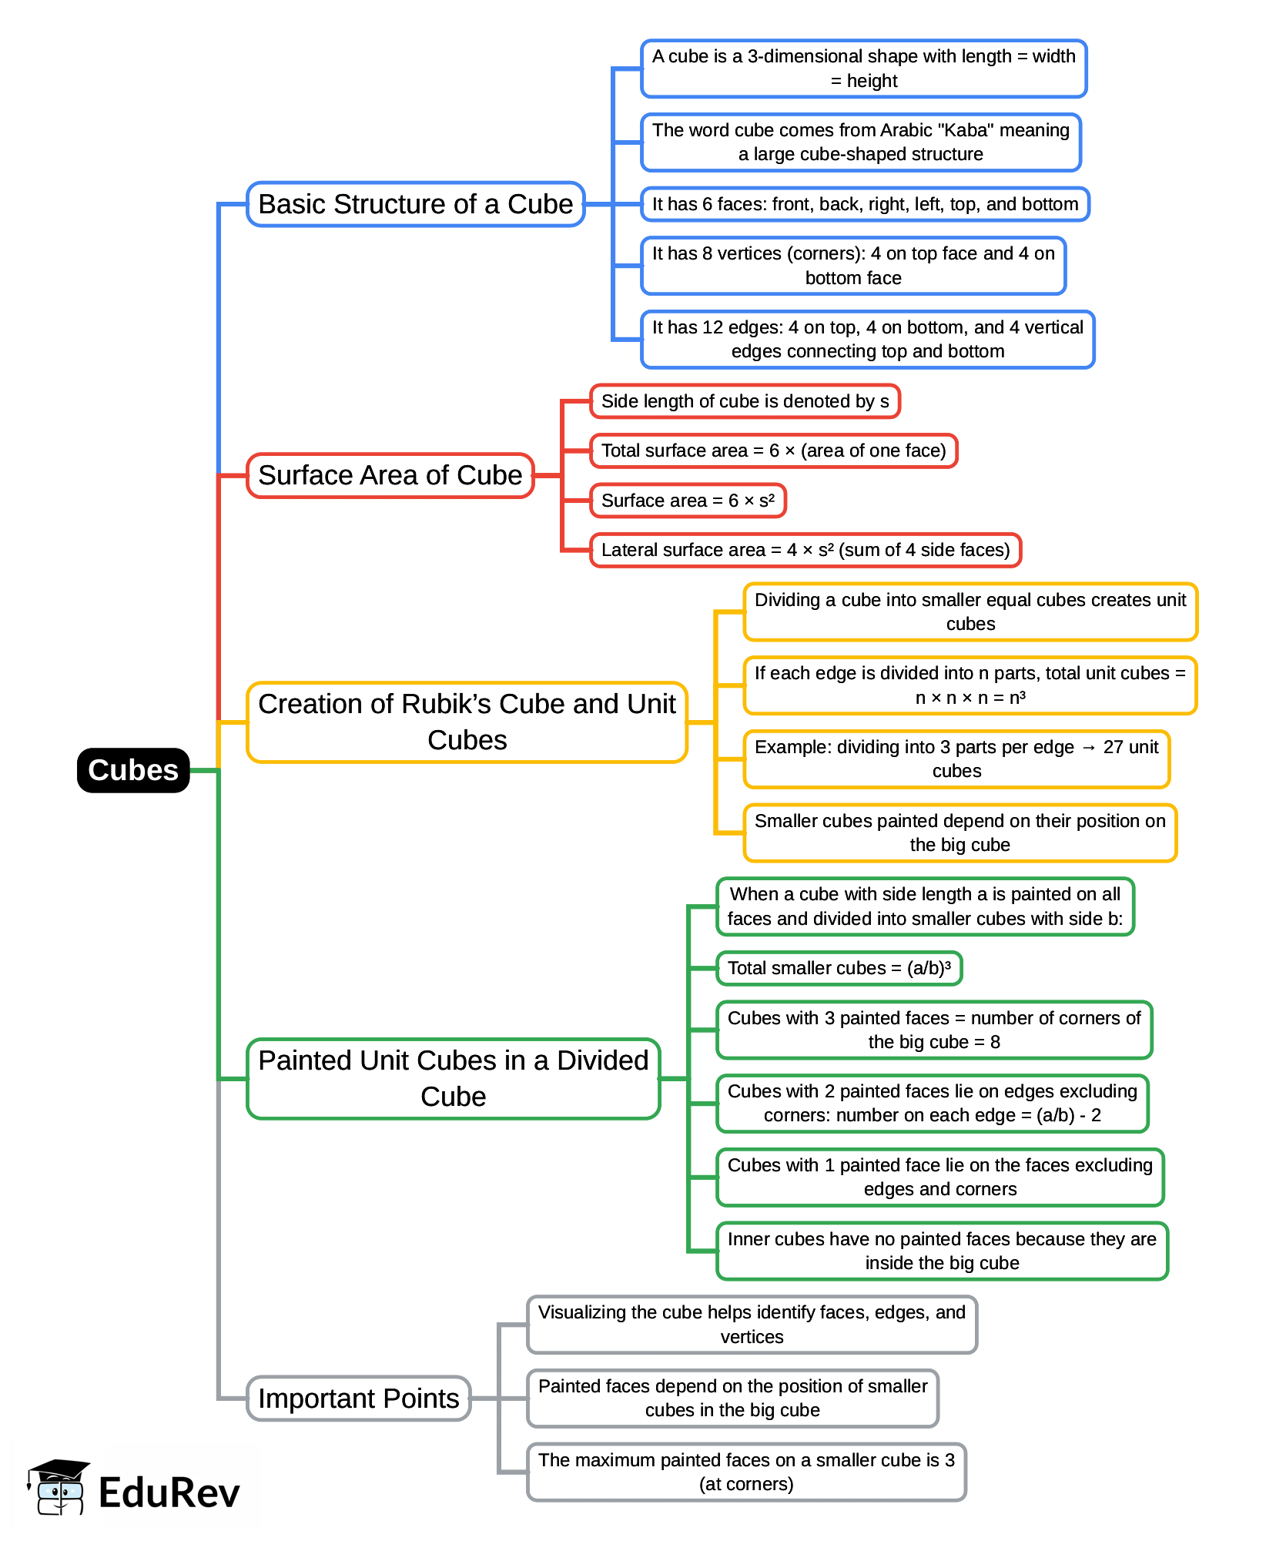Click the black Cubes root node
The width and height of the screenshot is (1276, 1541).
[x=133, y=770]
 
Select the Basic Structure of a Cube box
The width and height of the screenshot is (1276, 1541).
[x=415, y=204]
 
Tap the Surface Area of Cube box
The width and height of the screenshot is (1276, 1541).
[x=390, y=475]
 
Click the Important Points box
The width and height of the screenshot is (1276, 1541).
[x=358, y=1398]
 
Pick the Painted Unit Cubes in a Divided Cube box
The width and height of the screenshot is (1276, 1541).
[x=453, y=1078]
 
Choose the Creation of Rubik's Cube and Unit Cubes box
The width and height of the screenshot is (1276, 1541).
[x=467, y=722]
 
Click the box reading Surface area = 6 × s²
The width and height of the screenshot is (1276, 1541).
[x=687, y=501]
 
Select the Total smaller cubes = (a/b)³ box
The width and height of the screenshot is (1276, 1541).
[x=839, y=968]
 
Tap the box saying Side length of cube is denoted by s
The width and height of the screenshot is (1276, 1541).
[x=745, y=401]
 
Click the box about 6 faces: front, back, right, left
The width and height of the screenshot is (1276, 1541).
[x=865, y=204]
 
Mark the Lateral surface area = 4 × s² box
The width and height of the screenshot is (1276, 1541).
[x=805, y=550]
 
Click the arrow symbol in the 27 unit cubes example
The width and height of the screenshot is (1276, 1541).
[x=1088, y=747]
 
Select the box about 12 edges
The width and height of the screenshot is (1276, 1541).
[x=867, y=339]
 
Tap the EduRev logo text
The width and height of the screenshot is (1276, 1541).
[x=169, y=1492]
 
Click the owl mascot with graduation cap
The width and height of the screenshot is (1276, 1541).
[x=59, y=1486]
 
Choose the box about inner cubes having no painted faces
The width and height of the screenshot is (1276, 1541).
[x=942, y=1251]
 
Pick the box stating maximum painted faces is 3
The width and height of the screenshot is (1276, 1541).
[x=746, y=1472]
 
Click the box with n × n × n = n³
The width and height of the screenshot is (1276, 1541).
[x=970, y=685]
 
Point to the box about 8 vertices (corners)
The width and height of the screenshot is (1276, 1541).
[x=853, y=266]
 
